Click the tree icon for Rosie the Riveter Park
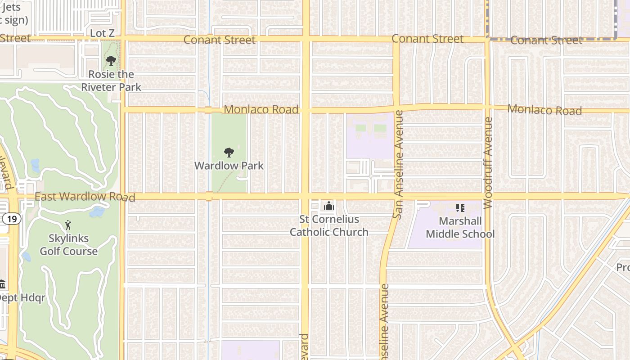coord(111,60)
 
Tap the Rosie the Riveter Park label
coord(111,81)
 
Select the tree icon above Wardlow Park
coord(229,153)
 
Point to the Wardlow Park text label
coord(229,166)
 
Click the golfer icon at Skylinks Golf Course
coord(68,225)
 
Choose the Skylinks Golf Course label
coord(68,245)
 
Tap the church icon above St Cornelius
coord(329,206)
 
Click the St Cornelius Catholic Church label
coord(329,225)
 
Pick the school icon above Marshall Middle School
coord(460,208)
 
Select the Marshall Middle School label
coord(460,227)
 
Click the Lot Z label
coord(102,33)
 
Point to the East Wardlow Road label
coord(85,197)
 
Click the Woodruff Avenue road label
coord(488,163)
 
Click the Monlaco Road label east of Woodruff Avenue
coord(544,109)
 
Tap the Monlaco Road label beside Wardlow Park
coord(261,109)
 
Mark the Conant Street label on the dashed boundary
coord(546,40)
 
